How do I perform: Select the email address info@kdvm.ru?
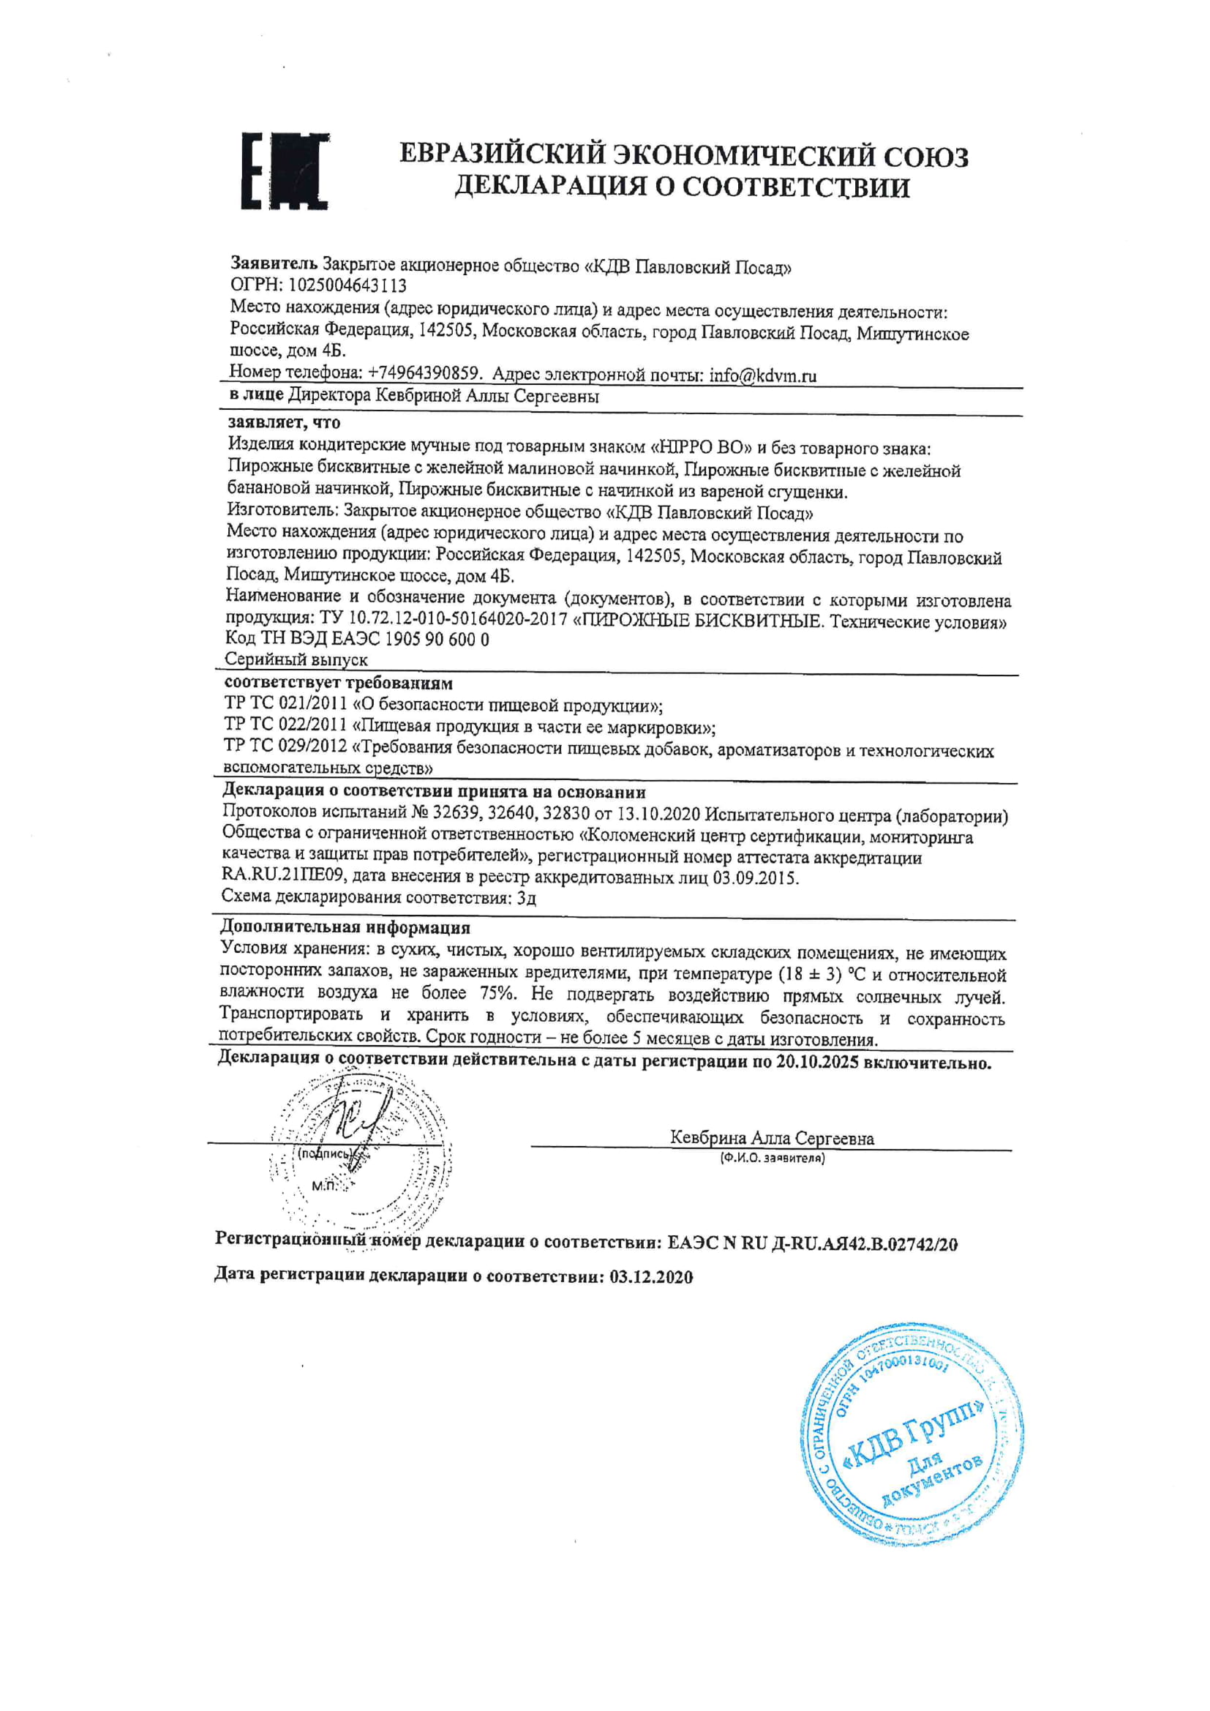tap(762, 375)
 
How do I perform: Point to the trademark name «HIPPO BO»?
tap(699, 448)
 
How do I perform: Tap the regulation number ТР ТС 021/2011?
tap(285, 704)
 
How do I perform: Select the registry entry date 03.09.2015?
tap(755, 878)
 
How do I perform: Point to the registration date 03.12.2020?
tap(651, 1276)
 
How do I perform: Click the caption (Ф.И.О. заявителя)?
tap(773, 1158)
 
